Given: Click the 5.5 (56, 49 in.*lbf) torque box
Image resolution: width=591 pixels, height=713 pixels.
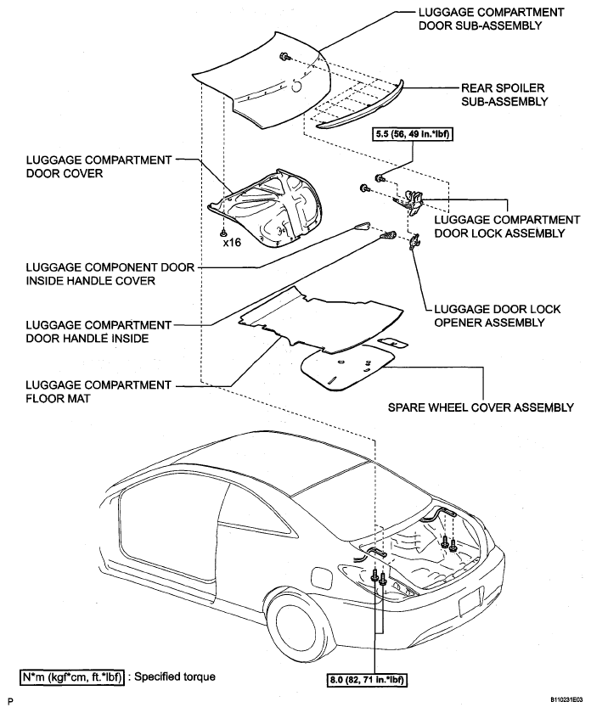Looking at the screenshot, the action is coord(413,134).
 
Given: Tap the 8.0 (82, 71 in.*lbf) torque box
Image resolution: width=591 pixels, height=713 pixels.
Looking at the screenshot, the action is coord(366,681).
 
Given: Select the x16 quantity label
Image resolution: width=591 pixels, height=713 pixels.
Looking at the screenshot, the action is coord(232,243).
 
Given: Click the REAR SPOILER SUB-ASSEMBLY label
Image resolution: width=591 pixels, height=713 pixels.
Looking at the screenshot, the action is coord(504,94).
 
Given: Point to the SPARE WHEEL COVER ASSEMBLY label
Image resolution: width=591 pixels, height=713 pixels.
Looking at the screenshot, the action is coord(481,407).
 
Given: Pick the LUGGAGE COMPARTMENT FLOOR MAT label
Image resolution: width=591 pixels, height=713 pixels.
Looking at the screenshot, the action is coord(98,391).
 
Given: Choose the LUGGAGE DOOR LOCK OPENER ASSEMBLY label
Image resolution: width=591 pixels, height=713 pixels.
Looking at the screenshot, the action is coord(498,316).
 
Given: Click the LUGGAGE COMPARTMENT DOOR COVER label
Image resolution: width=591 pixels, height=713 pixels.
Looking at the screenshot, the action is coord(98,166).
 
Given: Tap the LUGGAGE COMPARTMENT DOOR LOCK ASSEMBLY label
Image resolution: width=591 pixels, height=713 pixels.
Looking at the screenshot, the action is coord(507,227).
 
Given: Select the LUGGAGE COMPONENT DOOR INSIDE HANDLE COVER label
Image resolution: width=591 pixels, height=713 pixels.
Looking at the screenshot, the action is coord(110,273).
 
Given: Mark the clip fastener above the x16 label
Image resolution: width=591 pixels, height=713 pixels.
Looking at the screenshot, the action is coord(223,233).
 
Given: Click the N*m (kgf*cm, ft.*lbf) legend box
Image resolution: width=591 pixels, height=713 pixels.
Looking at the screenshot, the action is coord(72,677).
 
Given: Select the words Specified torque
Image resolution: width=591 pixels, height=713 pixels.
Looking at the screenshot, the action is coord(175,677).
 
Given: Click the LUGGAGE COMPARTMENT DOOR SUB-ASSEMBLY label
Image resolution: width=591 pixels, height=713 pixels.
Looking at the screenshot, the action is coord(491,19).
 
